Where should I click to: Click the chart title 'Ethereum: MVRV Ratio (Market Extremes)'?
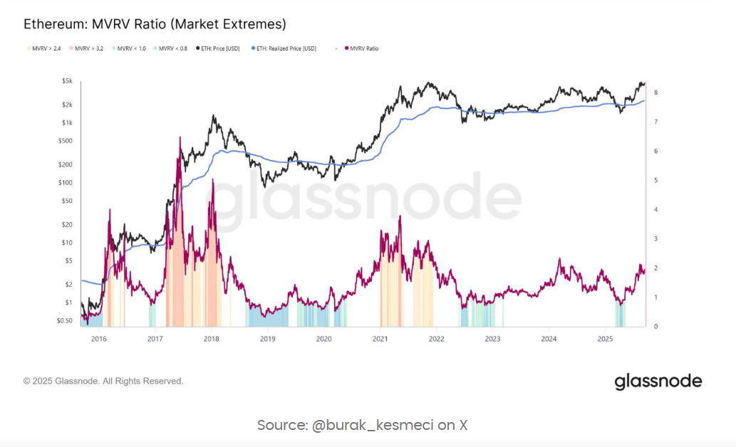pos(155,24)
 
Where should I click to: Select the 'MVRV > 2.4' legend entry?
pos(46,48)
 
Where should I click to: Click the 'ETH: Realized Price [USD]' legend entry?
pos(285,48)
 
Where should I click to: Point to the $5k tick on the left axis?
pos(67,82)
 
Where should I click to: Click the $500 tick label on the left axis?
pos(65,141)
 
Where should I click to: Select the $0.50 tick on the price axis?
pos(64,321)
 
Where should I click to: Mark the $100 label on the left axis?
pos(65,183)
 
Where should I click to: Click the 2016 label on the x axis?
pos(98,340)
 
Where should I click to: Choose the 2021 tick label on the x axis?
pos(380,340)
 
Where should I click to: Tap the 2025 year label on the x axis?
pos(605,340)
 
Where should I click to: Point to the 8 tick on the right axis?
pos(655,93)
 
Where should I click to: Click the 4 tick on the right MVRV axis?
pos(655,210)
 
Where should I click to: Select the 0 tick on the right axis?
pos(655,327)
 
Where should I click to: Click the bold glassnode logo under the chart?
pos(658,382)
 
